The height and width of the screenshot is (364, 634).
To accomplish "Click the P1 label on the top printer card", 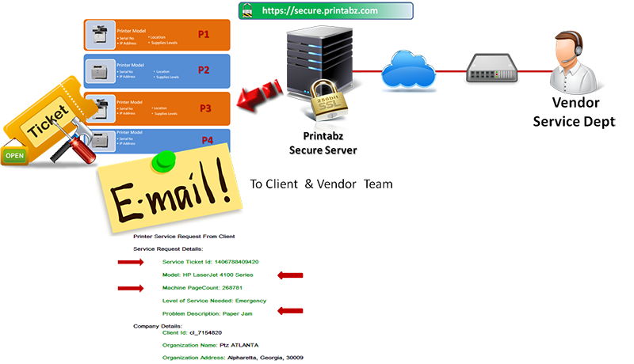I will [x=204, y=35].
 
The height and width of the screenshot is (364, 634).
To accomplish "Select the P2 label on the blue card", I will [x=204, y=70].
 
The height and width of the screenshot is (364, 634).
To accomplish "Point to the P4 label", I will [x=208, y=140].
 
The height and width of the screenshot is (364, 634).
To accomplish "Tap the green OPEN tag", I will [x=14, y=155].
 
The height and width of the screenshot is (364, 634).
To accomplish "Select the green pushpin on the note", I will [x=165, y=161].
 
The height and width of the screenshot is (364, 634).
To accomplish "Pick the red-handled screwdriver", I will [x=67, y=150].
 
